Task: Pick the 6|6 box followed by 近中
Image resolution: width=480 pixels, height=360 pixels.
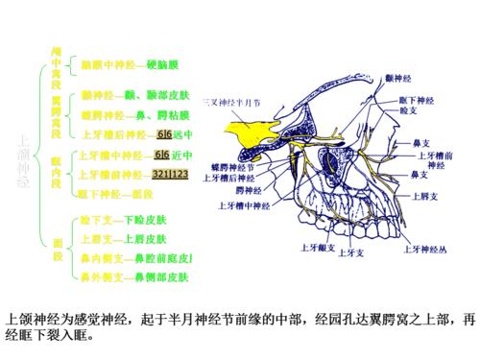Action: click(162, 156)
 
